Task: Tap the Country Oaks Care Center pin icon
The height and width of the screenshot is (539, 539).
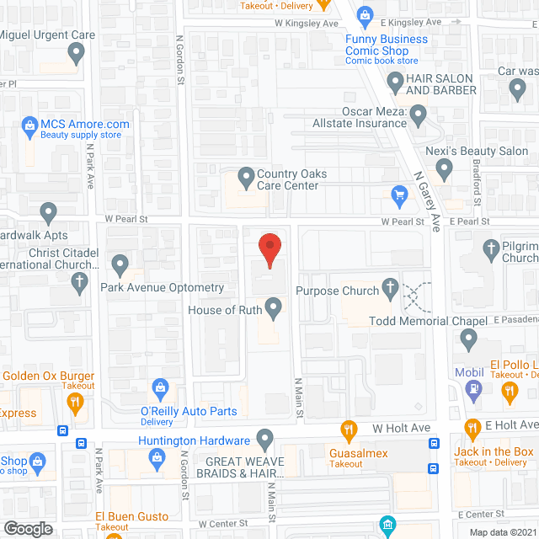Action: [246, 179]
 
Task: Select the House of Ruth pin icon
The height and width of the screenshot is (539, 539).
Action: [273, 308]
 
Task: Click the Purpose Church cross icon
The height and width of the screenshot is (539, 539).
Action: [390, 291]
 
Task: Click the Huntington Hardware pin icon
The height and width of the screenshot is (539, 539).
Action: [264, 440]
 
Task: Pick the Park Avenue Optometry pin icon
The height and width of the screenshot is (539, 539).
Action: [120, 265]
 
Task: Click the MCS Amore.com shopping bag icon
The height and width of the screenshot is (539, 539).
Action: [28, 127]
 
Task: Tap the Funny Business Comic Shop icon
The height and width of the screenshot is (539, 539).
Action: [365, 14]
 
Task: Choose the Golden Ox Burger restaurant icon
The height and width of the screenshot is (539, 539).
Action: [75, 402]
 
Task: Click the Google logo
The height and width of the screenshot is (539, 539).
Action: [28, 528]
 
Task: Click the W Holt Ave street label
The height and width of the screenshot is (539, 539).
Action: [402, 429]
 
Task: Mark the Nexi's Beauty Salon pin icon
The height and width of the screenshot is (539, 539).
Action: [447, 171]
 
